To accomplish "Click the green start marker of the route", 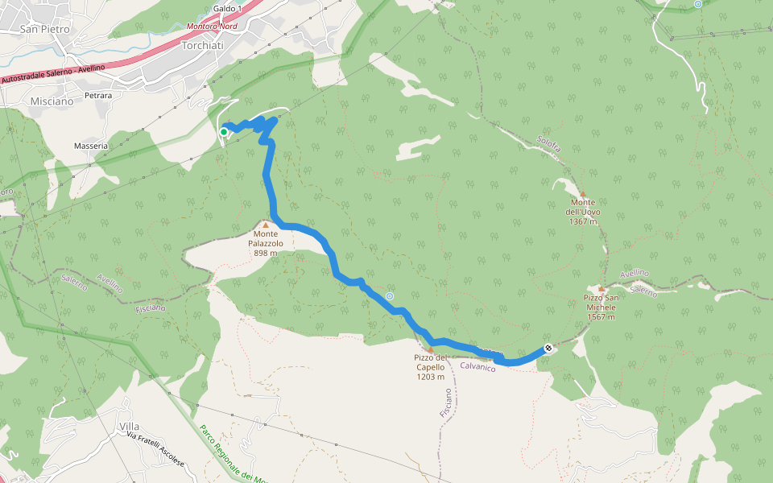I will (x=223, y=131).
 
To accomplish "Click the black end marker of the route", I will (x=548, y=349).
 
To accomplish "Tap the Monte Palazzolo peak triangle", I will (x=265, y=225).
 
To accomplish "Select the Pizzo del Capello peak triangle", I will (x=431, y=350).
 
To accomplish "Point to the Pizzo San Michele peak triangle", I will (x=601, y=289).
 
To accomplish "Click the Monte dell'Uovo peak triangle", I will (x=583, y=194).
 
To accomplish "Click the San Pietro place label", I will (x=45, y=29).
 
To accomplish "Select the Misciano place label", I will (x=52, y=101).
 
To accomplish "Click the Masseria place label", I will (x=91, y=146).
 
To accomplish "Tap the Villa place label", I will (x=129, y=426).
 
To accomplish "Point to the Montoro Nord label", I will (x=212, y=26).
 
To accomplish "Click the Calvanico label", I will (x=478, y=367).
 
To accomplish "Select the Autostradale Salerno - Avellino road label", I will (x=53, y=74).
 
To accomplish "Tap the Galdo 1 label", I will (x=228, y=8).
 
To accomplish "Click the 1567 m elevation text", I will (x=601, y=316).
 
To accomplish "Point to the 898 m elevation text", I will (x=265, y=253).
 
